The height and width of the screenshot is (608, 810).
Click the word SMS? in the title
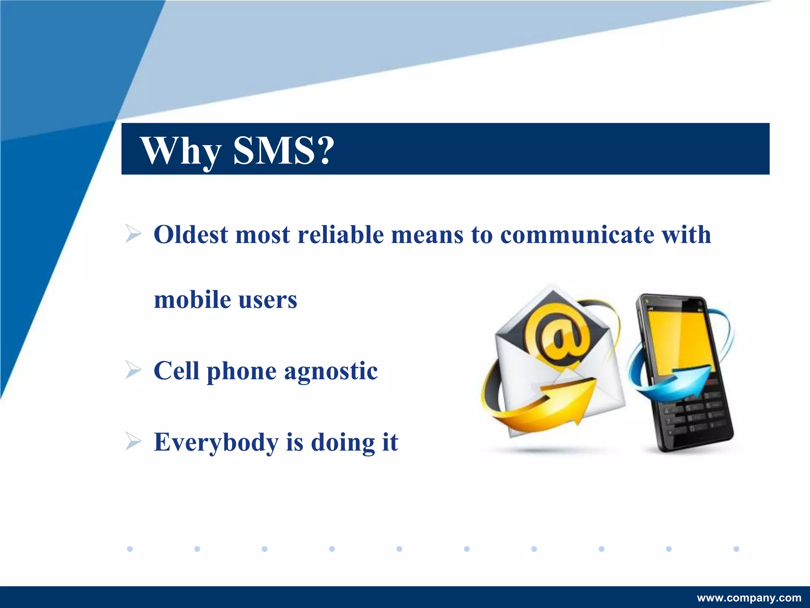(x=283, y=150)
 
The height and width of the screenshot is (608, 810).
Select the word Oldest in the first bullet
(x=191, y=234)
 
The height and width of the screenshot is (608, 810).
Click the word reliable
(x=341, y=234)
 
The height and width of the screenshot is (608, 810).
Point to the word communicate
(x=577, y=234)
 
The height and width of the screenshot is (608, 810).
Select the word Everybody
(x=216, y=443)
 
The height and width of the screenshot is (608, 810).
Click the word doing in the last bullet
(x=343, y=443)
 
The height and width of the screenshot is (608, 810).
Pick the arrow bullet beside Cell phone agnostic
(x=133, y=370)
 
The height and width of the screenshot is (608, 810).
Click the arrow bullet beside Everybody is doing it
(x=133, y=441)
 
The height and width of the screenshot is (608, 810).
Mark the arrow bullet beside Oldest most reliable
(x=133, y=233)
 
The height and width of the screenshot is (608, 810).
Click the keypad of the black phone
(x=696, y=416)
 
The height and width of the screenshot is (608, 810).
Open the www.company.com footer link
(x=749, y=598)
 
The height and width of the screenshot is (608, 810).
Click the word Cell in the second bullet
(x=176, y=371)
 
